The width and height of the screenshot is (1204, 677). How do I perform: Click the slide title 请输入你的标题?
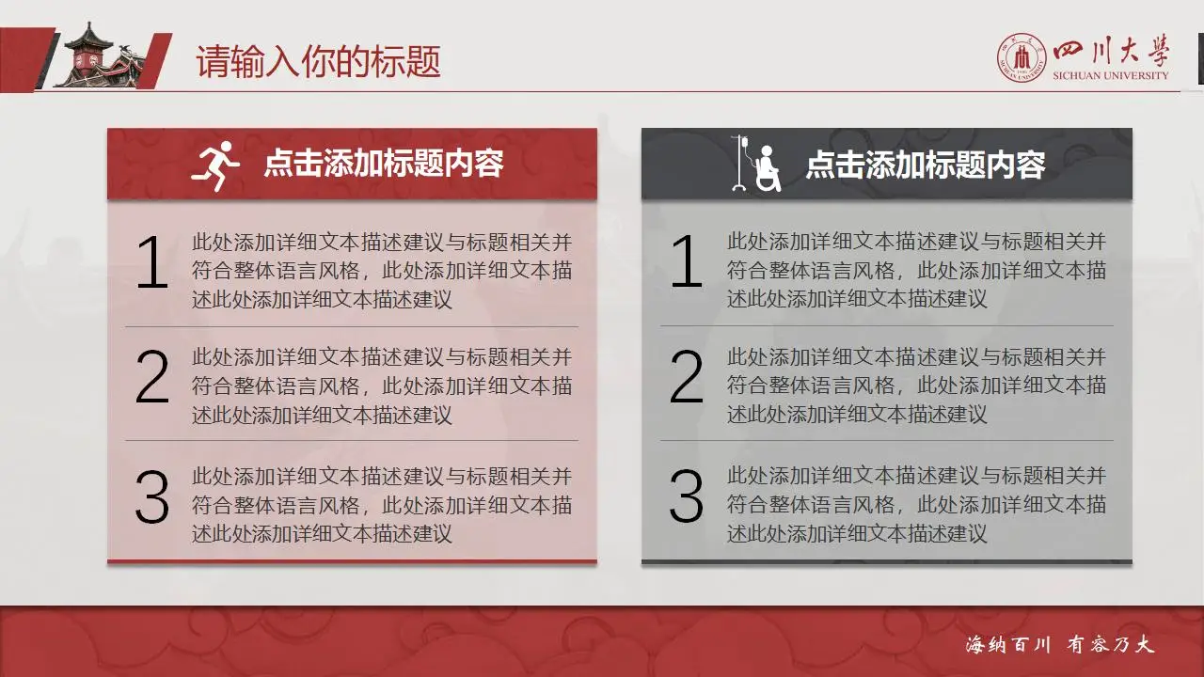click(x=318, y=62)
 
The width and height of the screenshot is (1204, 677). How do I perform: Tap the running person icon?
click(x=215, y=165)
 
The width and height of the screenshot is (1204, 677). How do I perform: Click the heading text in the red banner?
click(x=384, y=164)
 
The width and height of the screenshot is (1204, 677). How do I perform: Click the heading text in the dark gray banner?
click(x=926, y=165)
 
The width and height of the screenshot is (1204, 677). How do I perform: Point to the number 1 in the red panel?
click(x=151, y=263)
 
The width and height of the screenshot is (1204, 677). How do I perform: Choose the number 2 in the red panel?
click(x=151, y=378)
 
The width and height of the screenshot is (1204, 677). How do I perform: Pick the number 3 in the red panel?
click(x=151, y=497)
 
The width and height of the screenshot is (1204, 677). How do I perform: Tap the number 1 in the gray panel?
click(x=687, y=263)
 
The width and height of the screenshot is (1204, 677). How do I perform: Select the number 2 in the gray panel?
click(x=687, y=378)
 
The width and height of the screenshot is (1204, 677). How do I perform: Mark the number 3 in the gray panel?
click(x=687, y=497)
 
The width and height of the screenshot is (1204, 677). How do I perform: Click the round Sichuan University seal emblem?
click(x=1022, y=58)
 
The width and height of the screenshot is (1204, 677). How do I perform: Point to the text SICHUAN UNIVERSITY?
click(x=1111, y=75)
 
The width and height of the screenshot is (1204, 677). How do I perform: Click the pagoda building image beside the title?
click(x=100, y=56)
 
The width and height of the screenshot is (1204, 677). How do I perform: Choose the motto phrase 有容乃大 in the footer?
click(x=1110, y=645)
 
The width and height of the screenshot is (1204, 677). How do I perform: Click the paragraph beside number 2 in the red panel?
click(x=382, y=386)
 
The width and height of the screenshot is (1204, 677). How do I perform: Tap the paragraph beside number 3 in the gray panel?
click(x=916, y=505)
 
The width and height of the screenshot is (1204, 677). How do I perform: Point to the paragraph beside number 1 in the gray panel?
click(x=916, y=271)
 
